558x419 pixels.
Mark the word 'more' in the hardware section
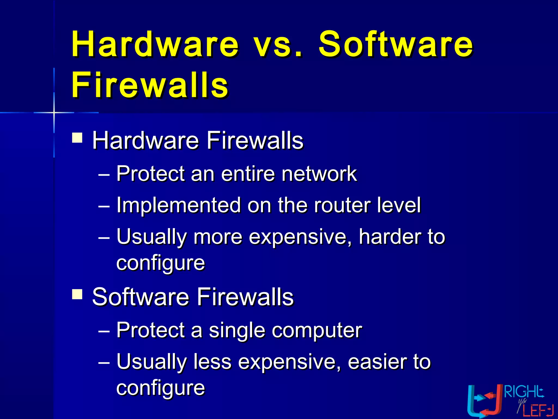click(x=218, y=237)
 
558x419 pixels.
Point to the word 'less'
click(x=212, y=362)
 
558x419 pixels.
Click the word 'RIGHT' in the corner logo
click(x=524, y=392)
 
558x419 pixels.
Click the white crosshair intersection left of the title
click(x=54, y=112)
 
